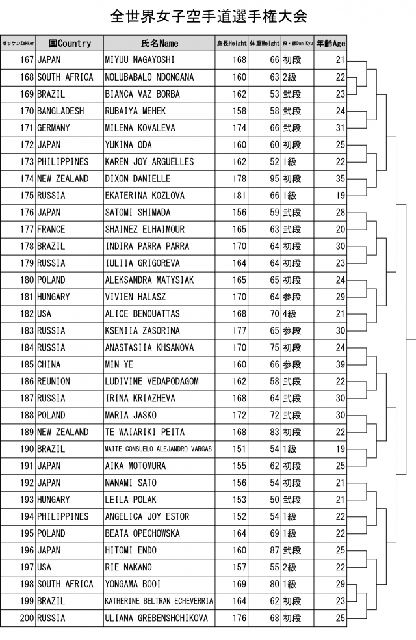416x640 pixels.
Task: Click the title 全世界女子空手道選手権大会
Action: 208,16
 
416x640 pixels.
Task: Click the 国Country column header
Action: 70,44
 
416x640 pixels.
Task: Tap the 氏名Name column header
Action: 159,44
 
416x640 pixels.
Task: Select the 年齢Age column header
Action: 330,44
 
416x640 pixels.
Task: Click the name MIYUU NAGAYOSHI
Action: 139,60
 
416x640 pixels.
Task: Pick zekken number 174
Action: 26,179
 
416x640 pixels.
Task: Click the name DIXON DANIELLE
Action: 137,179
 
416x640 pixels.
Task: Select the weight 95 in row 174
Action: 273,179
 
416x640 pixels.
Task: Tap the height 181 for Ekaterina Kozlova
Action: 239,196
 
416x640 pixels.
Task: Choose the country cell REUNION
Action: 53,382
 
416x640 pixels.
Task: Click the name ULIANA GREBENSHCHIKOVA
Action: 156,619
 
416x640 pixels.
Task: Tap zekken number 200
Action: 26,619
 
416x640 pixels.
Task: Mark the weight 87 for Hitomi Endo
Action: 273,551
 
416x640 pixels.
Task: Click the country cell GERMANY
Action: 53,128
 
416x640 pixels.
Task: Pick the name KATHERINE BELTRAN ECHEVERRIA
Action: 159,602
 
